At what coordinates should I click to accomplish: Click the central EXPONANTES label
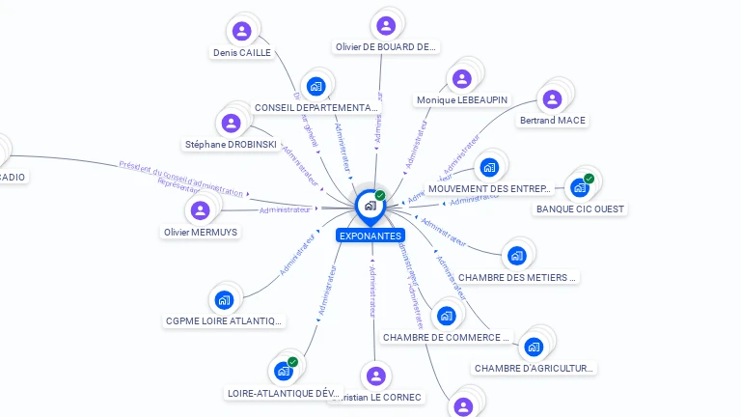370,236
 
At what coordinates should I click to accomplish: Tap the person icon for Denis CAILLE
241,31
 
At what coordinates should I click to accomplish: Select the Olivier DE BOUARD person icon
386,25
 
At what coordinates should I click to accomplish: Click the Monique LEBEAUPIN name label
461,100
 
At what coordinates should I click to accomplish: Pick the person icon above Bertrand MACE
552,99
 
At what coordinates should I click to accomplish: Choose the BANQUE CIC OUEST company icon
579,187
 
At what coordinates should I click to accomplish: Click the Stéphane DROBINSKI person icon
231,124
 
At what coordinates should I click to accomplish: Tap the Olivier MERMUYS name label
201,232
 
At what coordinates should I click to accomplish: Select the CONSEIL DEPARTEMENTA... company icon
316,86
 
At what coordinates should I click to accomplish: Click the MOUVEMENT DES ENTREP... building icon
489,168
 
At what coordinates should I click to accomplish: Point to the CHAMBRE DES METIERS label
517,278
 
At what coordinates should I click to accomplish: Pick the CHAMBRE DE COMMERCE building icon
445,316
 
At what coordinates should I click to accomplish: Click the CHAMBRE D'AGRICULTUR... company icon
535,347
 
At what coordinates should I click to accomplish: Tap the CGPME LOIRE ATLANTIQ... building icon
225,299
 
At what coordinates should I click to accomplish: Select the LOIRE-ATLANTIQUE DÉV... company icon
284,371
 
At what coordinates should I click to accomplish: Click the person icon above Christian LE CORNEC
376,375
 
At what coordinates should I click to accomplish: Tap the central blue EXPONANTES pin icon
370,206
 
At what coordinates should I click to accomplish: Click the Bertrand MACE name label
552,121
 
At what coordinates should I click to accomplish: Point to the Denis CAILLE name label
241,53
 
